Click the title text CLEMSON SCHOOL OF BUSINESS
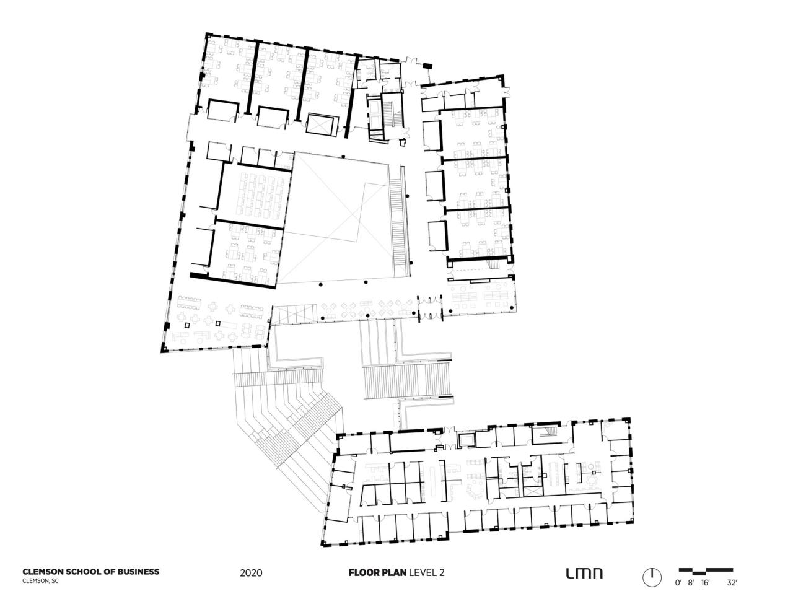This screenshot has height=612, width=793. [x=90, y=572]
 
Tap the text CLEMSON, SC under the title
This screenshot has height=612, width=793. [x=41, y=581]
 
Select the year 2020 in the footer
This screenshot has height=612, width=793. [x=251, y=573]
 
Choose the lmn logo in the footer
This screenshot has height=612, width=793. [x=584, y=573]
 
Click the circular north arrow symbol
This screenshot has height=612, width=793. [x=652, y=577]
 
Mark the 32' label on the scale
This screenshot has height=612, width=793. [x=732, y=583]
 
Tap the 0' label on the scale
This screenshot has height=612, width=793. [x=678, y=583]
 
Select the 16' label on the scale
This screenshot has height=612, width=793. [x=705, y=583]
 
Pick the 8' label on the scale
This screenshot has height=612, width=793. [x=691, y=583]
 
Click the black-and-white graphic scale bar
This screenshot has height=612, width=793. [x=706, y=570]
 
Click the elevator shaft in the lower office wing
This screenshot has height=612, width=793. [x=465, y=439]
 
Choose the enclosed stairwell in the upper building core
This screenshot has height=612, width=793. [x=376, y=116]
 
